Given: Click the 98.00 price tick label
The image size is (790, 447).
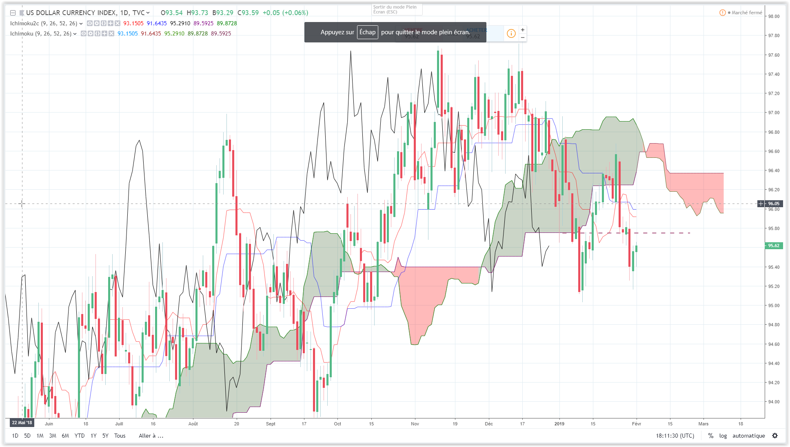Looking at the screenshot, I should (774, 16).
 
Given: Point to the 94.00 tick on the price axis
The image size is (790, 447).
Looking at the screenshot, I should (774, 402).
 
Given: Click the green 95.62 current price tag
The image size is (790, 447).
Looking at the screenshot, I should (773, 246).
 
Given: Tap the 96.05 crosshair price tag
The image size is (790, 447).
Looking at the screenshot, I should (773, 204).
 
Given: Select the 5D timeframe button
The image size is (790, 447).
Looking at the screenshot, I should (27, 436).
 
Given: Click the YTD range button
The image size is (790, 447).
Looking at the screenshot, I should (80, 436).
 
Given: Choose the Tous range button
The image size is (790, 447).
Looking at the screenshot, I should (120, 436).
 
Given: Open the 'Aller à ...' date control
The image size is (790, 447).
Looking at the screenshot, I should (151, 436).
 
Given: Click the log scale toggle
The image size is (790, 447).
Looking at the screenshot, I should (723, 436).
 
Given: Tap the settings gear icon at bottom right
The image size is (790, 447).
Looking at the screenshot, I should (775, 436).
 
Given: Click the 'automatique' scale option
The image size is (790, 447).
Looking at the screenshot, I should (748, 436).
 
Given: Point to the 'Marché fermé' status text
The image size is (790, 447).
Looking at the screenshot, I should (746, 13).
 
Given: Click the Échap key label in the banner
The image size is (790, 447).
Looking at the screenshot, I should (367, 32).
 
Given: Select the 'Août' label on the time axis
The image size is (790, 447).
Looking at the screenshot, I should (193, 424).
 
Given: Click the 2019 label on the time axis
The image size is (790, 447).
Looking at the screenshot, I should (559, 424).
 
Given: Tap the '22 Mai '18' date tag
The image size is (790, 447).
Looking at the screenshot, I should (22, 423).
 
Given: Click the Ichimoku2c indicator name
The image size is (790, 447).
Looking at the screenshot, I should (24, 23).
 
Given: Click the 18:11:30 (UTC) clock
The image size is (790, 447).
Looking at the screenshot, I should (675, 436).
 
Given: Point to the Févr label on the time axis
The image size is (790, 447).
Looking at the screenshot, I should (636, 424).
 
